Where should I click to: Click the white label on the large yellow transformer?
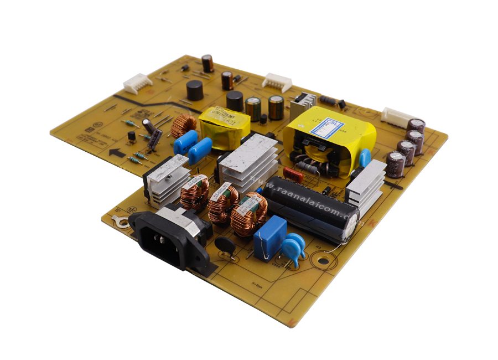point(326,128)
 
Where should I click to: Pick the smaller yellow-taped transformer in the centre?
point(224,127)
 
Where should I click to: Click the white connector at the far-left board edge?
point(137,83)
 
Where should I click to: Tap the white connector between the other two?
point(277,82)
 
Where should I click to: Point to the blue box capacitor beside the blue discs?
point(270,237)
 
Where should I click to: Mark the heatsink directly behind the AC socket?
point(166,178)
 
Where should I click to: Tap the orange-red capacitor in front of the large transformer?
point(293,175)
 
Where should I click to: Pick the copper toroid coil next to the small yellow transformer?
point(183,126)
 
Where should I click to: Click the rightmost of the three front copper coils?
point(248,213)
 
